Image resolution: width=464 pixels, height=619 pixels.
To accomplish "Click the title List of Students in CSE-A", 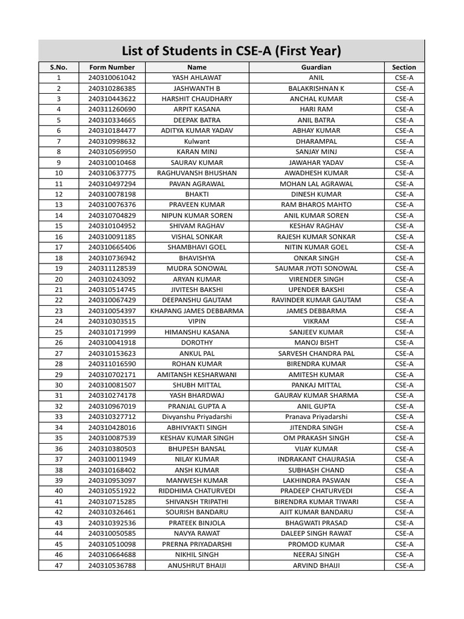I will tap(231, 50).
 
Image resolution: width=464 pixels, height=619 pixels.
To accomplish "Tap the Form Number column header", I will tap(112, 67).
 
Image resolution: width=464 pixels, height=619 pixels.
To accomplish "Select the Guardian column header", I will tap(316, 67).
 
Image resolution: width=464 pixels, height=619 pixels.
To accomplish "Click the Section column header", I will tap(404, 67).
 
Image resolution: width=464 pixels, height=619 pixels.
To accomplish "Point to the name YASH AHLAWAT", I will tap(197, 78).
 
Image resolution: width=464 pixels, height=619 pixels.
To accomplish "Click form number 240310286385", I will tap(112, 88).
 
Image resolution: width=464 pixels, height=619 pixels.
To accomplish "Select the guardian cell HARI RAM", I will tap(316, 109).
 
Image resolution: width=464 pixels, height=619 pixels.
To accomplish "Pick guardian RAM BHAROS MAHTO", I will tap(316, 205).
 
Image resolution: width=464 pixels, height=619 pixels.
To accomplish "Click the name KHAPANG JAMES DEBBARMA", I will tap(197, 311).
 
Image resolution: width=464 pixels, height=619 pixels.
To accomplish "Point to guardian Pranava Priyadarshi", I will tap(316, 417).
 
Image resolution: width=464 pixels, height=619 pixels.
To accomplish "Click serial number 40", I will tap(59, 491).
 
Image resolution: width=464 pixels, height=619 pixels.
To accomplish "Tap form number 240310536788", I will tap(112, 565).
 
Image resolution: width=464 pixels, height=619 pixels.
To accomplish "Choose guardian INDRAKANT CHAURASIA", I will tap(316, 459).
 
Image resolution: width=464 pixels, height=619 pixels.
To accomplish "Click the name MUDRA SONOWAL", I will tap(197, 268).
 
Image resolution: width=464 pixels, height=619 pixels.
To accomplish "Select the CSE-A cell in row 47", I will tap(404, 565).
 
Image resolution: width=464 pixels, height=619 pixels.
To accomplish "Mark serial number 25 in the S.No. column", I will tap(59, 332).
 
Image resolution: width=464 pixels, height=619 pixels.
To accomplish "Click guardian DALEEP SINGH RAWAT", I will tap(316, 533).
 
